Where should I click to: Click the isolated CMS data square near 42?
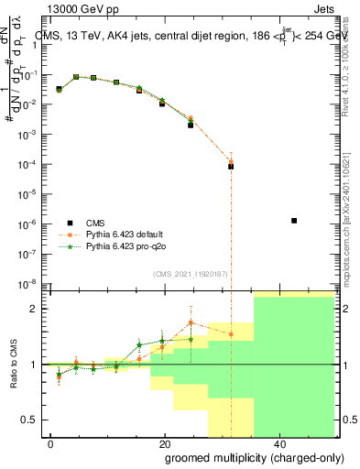tap(294, 221)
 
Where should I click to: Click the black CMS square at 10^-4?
tap(231, 167)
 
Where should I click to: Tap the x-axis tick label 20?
tap(164, 443)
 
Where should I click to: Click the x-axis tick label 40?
tap(277, 443)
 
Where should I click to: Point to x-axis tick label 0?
tap(51, 443)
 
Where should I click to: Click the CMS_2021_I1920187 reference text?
tap(190, 274)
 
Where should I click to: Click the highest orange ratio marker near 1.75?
tap(191, 322)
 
